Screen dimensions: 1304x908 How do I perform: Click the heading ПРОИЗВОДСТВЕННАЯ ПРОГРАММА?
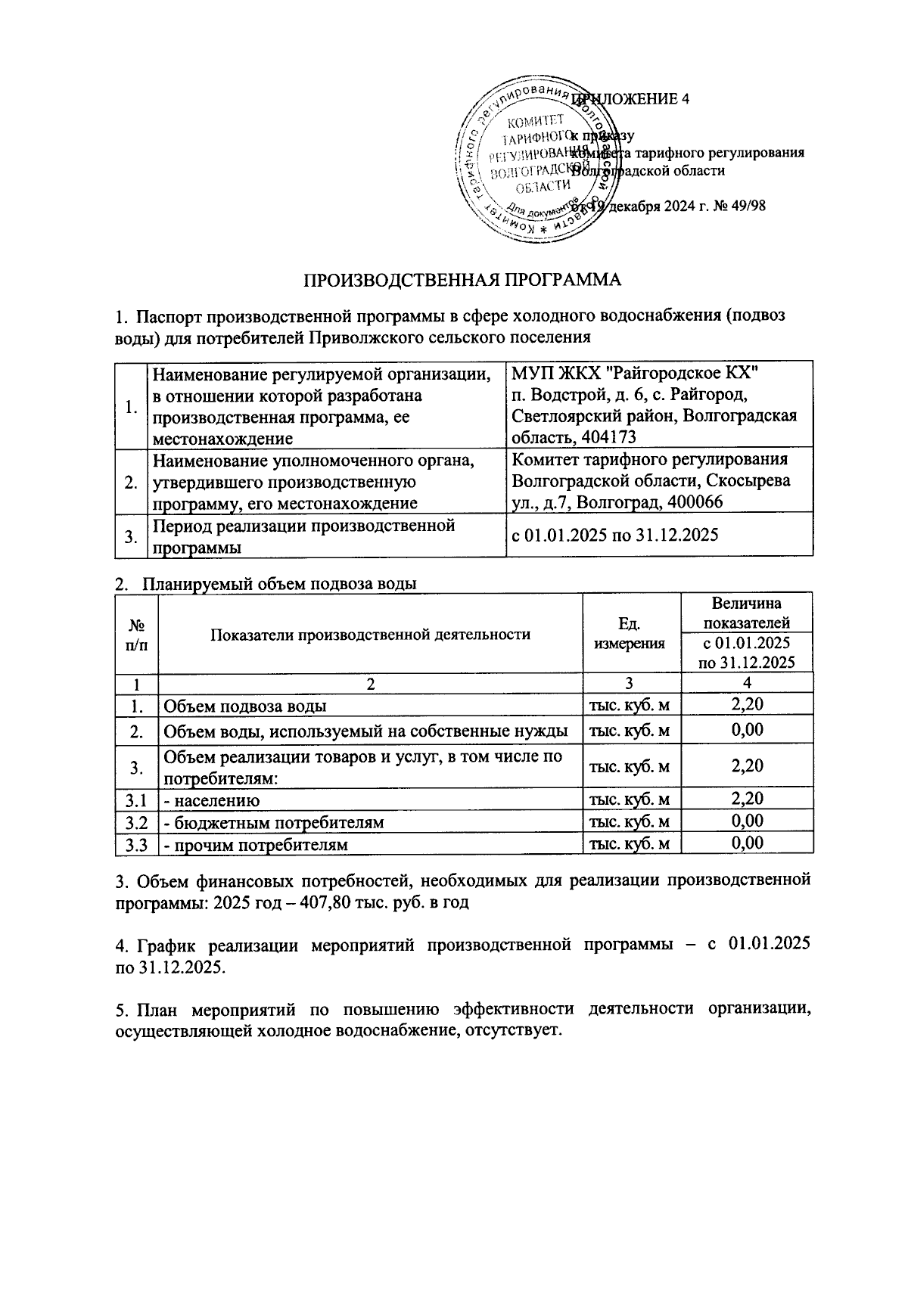click(x=462, y=280)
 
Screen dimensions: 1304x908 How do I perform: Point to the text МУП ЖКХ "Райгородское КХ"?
click(x=634, y=374)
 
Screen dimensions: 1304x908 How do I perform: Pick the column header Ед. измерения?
click(x=630, y=634)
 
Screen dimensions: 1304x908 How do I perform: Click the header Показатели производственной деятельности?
click(x=370, y=634)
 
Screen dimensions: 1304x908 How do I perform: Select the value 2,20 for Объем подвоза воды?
click(x=746, y=705)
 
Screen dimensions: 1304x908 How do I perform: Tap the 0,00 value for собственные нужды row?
click(x=746, y=730)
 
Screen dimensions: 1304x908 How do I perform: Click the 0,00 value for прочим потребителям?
click(x=746, y=843)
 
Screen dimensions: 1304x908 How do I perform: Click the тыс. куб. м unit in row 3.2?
click(x=630, y=822)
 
